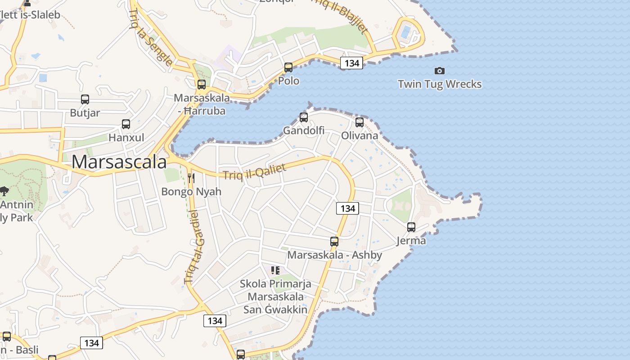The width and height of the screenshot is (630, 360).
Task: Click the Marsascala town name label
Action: (x=119, y=162)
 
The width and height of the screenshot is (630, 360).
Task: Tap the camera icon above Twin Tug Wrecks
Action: (x=440, y=71)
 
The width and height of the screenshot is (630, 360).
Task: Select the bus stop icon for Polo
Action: (x=288, y=67)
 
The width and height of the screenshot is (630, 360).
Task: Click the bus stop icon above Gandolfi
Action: (x=304, y=117)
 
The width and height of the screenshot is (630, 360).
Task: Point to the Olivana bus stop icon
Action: (x=359, y=122)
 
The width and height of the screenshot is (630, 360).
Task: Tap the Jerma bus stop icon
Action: (x=411, y=227)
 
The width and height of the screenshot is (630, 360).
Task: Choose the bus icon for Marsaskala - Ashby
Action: (x=334, y=241)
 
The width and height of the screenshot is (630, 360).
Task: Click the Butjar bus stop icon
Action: (x=85, y=99)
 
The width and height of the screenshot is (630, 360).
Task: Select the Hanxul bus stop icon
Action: (x=126, y=124)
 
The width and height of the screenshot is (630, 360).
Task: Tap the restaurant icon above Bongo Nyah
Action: (x=191, y=178)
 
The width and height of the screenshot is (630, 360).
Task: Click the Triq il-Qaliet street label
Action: (x=255, y=172)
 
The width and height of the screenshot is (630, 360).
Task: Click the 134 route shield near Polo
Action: (x=351, y=63)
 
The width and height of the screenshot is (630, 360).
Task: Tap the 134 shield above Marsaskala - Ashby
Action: (x=347, y=208)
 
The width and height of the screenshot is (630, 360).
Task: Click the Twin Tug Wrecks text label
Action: (x=440, y=84)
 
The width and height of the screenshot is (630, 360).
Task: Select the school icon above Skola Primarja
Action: (x=275, y=270)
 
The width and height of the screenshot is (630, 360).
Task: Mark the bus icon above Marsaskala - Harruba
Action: (x=201, y=84)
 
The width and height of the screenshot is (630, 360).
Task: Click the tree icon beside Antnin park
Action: (x=4, y=191)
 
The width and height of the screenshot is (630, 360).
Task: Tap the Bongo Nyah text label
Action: (x=191, y=192)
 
